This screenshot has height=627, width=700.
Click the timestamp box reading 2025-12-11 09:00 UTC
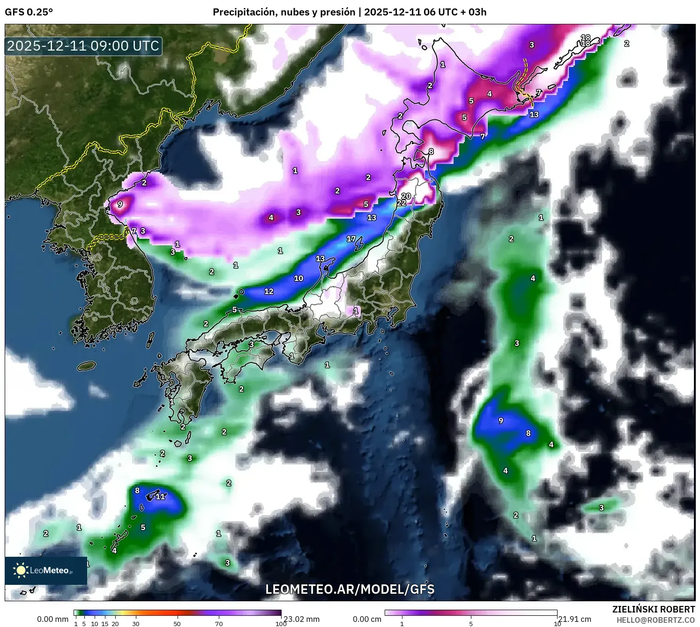pyautogui.click(x=83, y=46)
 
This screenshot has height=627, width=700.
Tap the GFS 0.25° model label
pyautogui.click(x=29, y=12)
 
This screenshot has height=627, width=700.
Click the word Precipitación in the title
pyautogui.click(x=244, y=12)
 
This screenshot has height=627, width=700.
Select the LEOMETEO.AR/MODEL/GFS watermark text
pyautogui.click(x=350, y=589)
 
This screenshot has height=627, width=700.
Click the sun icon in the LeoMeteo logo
pyautogui.click(x=21, y=570)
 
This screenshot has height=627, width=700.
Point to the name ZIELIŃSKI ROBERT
pyautogui.click(x=653, y=609)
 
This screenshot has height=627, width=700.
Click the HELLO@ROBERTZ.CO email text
pyautogui.click(x=655, y=620)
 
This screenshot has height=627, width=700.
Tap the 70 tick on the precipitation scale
pyautogui.click(x=219, y=624)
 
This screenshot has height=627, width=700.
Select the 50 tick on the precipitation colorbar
pyautogui.click(x=177, y=624)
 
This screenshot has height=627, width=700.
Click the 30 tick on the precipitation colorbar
pyautogui.click(x=136, y=624)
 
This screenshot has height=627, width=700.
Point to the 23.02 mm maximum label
pyautogui.click(x=301, y=619)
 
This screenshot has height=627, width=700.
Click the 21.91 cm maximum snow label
pyautogui.click(x=574, y=619)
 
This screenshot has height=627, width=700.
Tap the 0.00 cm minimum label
pyautogui.click(x=367, y=619)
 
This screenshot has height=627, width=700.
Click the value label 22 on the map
pyautogui.click(x=402, y=203)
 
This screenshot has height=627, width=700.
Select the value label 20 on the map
pyautogui.click(x=406, y=196)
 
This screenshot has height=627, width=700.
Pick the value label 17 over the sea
pyautogui.click(x=351, y=239)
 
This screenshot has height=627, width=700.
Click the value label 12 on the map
pyautogui.click(x=268, y=291)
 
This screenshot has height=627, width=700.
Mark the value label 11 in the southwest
pyautogui.click(x=160, y=496)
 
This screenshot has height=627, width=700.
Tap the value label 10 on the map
pyautogui.click(x=298, y=278)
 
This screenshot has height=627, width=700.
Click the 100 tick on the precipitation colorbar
pyautogui.click(x=281, y=624)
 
